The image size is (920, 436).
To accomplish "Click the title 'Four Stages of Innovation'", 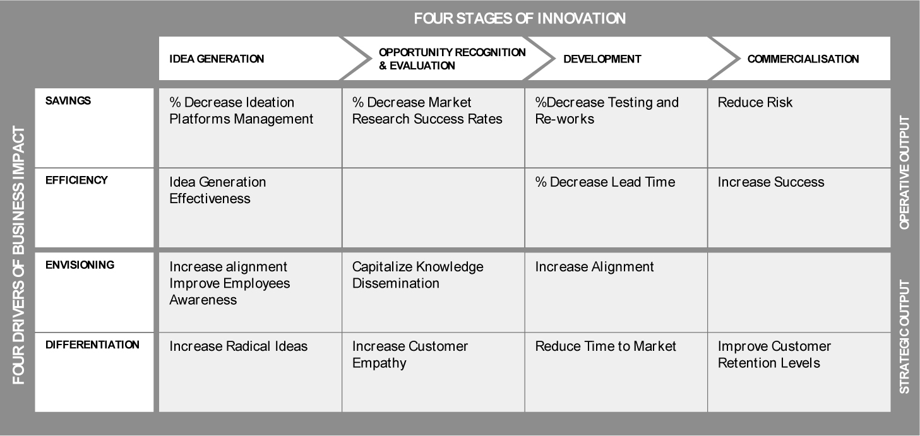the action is coord(520,18).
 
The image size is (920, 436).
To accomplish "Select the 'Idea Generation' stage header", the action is coord(217,59).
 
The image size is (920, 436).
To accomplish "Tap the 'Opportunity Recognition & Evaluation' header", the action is coord(451,59).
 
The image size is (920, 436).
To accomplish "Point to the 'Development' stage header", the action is coord(602,59).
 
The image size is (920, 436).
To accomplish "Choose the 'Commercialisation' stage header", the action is coord(803,59).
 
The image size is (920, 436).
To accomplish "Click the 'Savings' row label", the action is coord(68,100).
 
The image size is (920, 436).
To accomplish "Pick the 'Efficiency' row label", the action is coord(76,180).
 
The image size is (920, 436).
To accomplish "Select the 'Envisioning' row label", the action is coord(80,265).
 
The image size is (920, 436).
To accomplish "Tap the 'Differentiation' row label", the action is coord(92,345).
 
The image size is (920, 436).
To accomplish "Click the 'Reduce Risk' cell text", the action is coord(755,102).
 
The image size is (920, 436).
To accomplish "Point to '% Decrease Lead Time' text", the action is coord(605,182).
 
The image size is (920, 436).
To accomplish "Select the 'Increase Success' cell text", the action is coord(771,182).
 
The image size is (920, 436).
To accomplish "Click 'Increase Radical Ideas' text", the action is coord(238,346).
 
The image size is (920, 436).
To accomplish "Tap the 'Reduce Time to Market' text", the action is coord(606,346).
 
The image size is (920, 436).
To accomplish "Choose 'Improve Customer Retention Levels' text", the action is coord(774,355).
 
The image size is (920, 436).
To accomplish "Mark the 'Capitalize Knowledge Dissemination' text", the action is coord(418,275).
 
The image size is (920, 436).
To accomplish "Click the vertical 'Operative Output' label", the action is coord(904,172).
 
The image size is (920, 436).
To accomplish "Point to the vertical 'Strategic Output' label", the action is coord(904,337).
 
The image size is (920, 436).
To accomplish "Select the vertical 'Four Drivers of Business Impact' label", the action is coord(18,255).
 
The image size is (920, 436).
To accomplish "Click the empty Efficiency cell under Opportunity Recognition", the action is coord(433,208).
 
